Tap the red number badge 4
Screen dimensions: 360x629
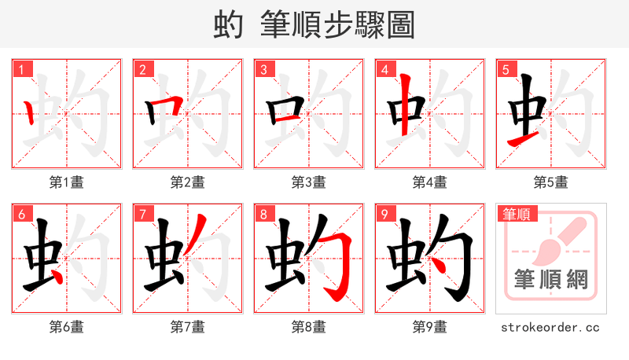click(x=385, y=70)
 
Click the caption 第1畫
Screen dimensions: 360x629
click(x=67, y=182)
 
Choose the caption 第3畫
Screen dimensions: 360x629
click(x=309, y=182)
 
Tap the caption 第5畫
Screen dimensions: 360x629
click(x=551, y=182)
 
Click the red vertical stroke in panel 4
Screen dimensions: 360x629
click(x=405, y=105)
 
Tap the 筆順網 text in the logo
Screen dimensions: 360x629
click(x=551, y=279)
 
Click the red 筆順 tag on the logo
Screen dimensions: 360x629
click(x=515, y=214)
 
